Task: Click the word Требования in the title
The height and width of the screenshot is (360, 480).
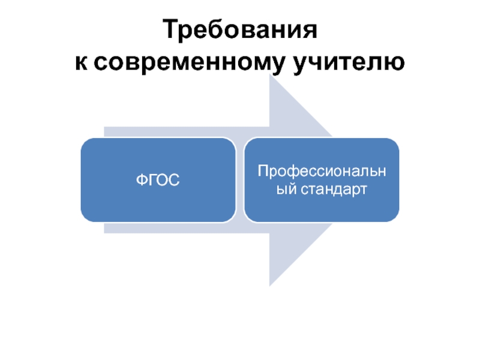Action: pyautogui.click(x=240, y=31)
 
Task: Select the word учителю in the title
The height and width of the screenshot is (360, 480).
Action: pyautogui.click(x=347, y=62)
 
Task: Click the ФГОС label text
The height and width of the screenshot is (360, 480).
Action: pyautogui.click(x=158, y=180)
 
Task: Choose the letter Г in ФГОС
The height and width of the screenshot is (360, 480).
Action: pyautogui.click(x=153, y=180)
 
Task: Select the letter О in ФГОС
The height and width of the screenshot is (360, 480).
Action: pyautogui.click(x=163, y=180)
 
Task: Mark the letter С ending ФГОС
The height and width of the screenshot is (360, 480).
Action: pyautogui.click(x=173, y=180)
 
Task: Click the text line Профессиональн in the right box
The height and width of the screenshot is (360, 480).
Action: pyautogui.click(x=322, y=172)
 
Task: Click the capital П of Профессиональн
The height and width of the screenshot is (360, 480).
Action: pyautogui.click(x=262, y=172)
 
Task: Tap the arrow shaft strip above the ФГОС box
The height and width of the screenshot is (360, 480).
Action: pyautogui.click(x=180, y=132)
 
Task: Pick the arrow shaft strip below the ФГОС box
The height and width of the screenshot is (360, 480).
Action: pyautogui.click(x=180, y=227)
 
